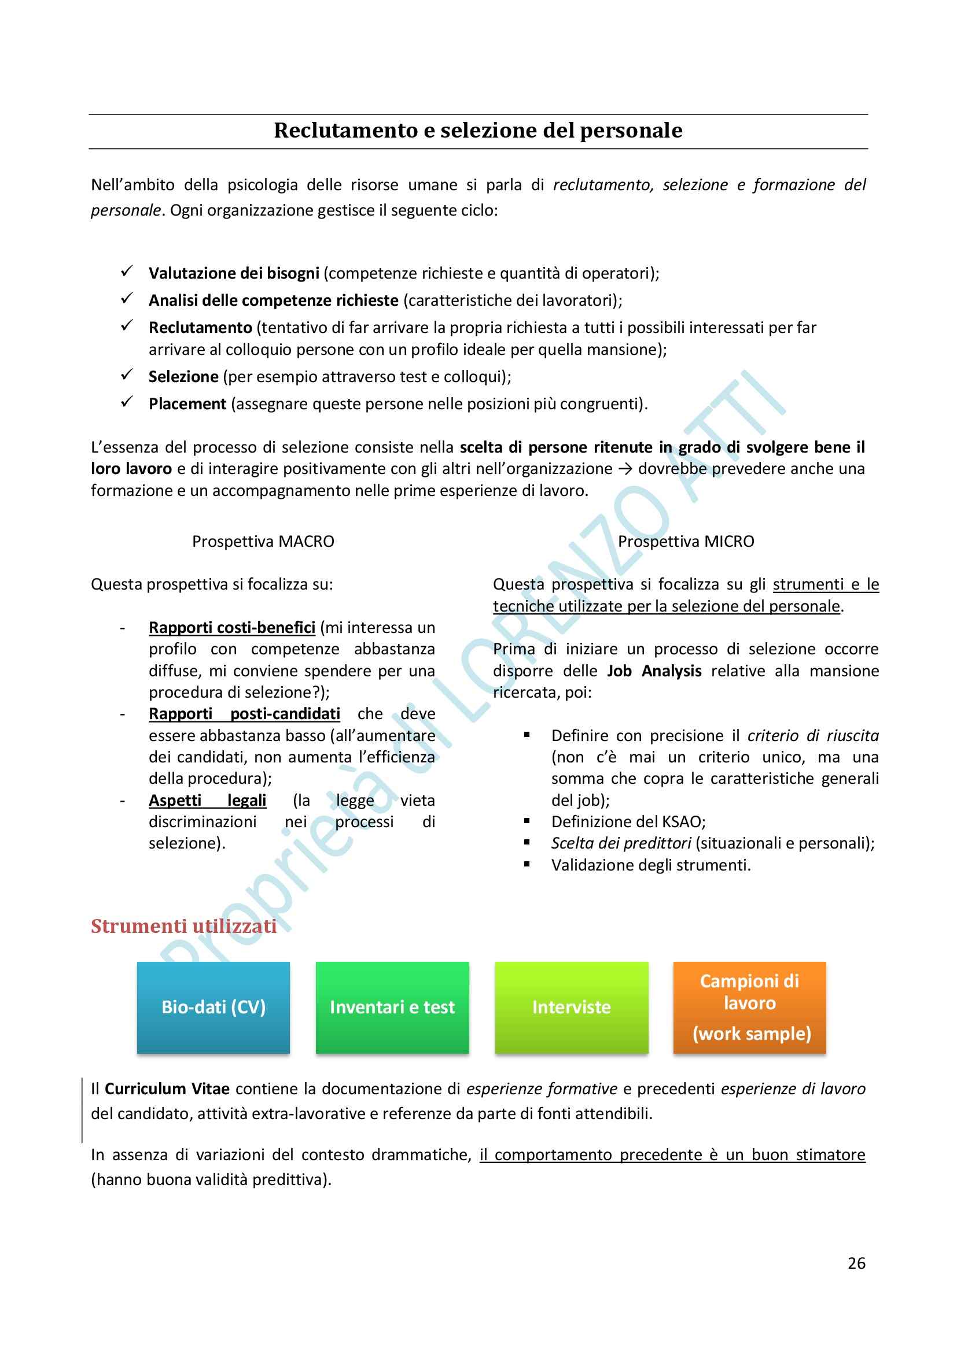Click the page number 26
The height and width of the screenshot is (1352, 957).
856,1263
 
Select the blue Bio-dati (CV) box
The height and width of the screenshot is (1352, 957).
214,1007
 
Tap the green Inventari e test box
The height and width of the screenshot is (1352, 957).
392,1007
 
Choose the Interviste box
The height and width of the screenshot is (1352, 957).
571,1007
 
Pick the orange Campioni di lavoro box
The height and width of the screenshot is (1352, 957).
749,1007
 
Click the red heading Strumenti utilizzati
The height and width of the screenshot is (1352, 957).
183,926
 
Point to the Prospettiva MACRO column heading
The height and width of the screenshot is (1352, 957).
263,541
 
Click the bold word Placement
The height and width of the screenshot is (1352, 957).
187,404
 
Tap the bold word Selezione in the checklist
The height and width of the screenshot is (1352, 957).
183,377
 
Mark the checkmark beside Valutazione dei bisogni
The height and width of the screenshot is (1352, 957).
127,272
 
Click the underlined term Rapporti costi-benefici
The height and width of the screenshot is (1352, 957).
231,628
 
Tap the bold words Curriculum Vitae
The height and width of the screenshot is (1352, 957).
167,1089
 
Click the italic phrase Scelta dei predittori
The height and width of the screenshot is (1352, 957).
620,843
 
